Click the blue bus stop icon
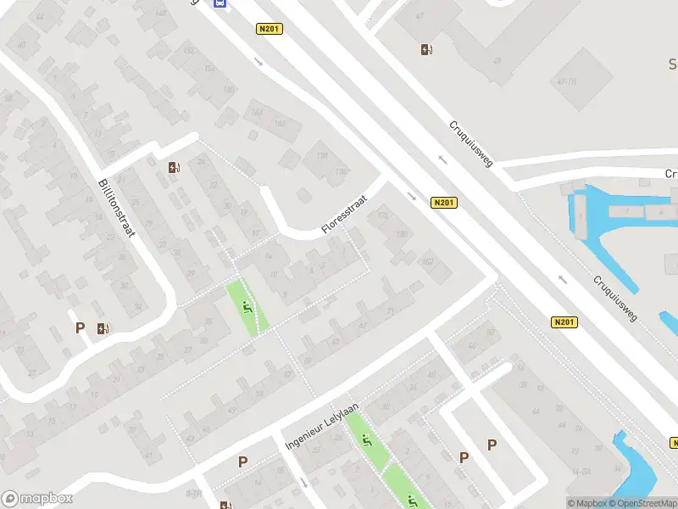point(220,3)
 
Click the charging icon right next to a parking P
point(103,328)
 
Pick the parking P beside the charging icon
point(81,327)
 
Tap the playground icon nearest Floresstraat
point(247,308)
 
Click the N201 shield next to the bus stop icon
point(269,29)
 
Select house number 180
point(402,232)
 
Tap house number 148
point(161,13)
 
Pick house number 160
point(228,90)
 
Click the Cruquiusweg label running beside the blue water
point(614,297)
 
